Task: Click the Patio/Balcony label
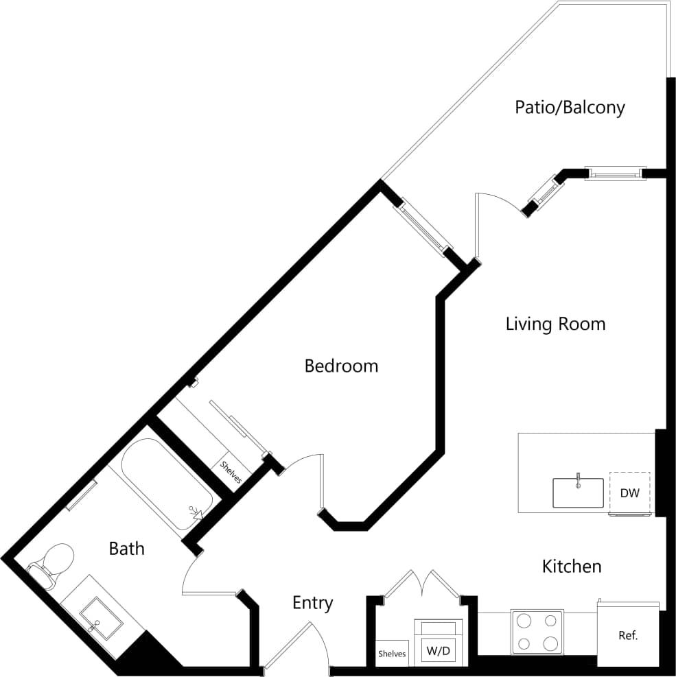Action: point(570,108)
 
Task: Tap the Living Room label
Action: point(555,324)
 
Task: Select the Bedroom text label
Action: point(341,366)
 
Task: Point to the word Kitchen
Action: point(572,567)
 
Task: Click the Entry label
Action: point(312,603)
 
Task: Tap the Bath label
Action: point(127,548)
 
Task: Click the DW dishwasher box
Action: point(630,492)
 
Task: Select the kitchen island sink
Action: point(578,492)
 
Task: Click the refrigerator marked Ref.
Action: point(628,636)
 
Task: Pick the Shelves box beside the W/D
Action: point(392,654)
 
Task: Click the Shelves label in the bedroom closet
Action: point(231,472)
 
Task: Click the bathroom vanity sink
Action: point(101,617)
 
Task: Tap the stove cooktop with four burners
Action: point(537,631)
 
